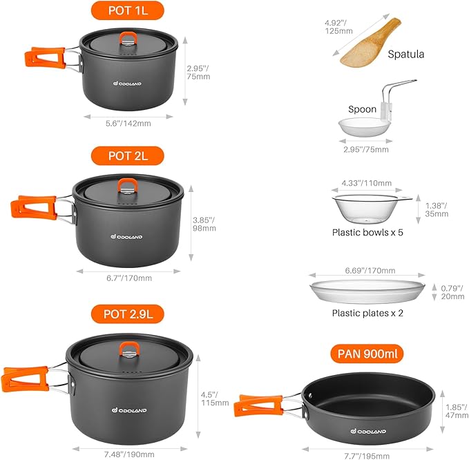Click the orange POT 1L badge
[x=128, y=10]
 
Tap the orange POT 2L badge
[x=128, y=155]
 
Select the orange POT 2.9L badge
[x=128, y=314]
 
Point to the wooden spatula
[x=370, y=44]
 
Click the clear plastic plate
[x=367, y=291]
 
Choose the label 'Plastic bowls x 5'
[x=367, y=233]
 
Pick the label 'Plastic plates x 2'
[x=367, y=312]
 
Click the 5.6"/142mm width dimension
[x=128, y=123]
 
